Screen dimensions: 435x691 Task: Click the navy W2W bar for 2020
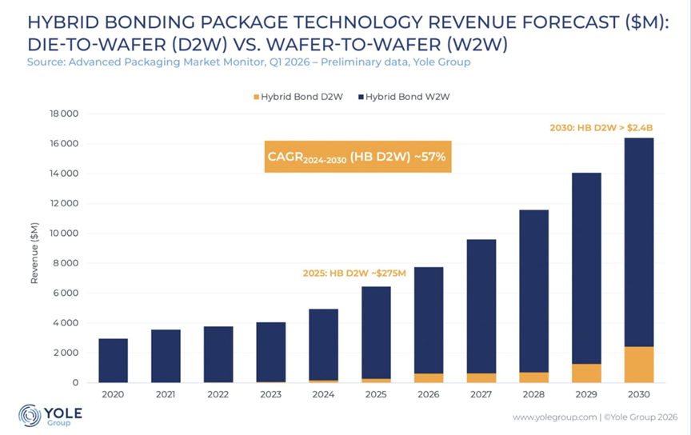coord(113,361)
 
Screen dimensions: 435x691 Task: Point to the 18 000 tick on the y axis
coord(62,114)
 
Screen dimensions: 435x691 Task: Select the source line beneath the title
coord(249,62)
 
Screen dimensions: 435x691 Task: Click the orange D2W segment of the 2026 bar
coord(428,378)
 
